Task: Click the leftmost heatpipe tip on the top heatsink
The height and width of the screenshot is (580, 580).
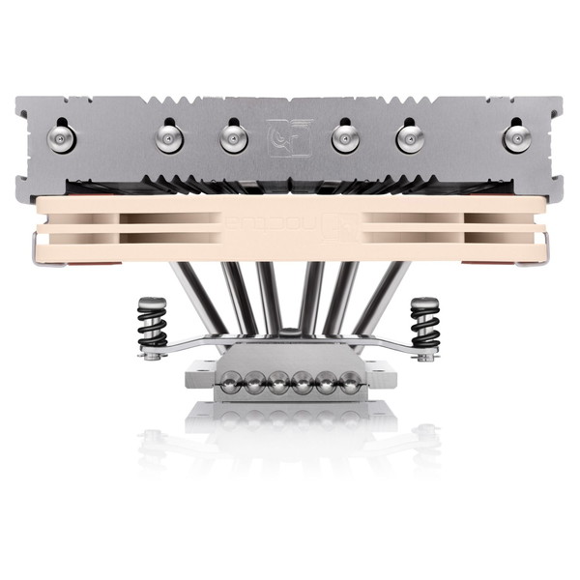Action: click(64, 138)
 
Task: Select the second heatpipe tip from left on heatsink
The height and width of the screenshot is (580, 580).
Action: click(169, 139)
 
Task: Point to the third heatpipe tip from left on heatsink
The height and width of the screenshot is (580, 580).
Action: click(233, 139)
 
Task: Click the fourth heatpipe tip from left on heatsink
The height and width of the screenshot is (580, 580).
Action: click(345, 139)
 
